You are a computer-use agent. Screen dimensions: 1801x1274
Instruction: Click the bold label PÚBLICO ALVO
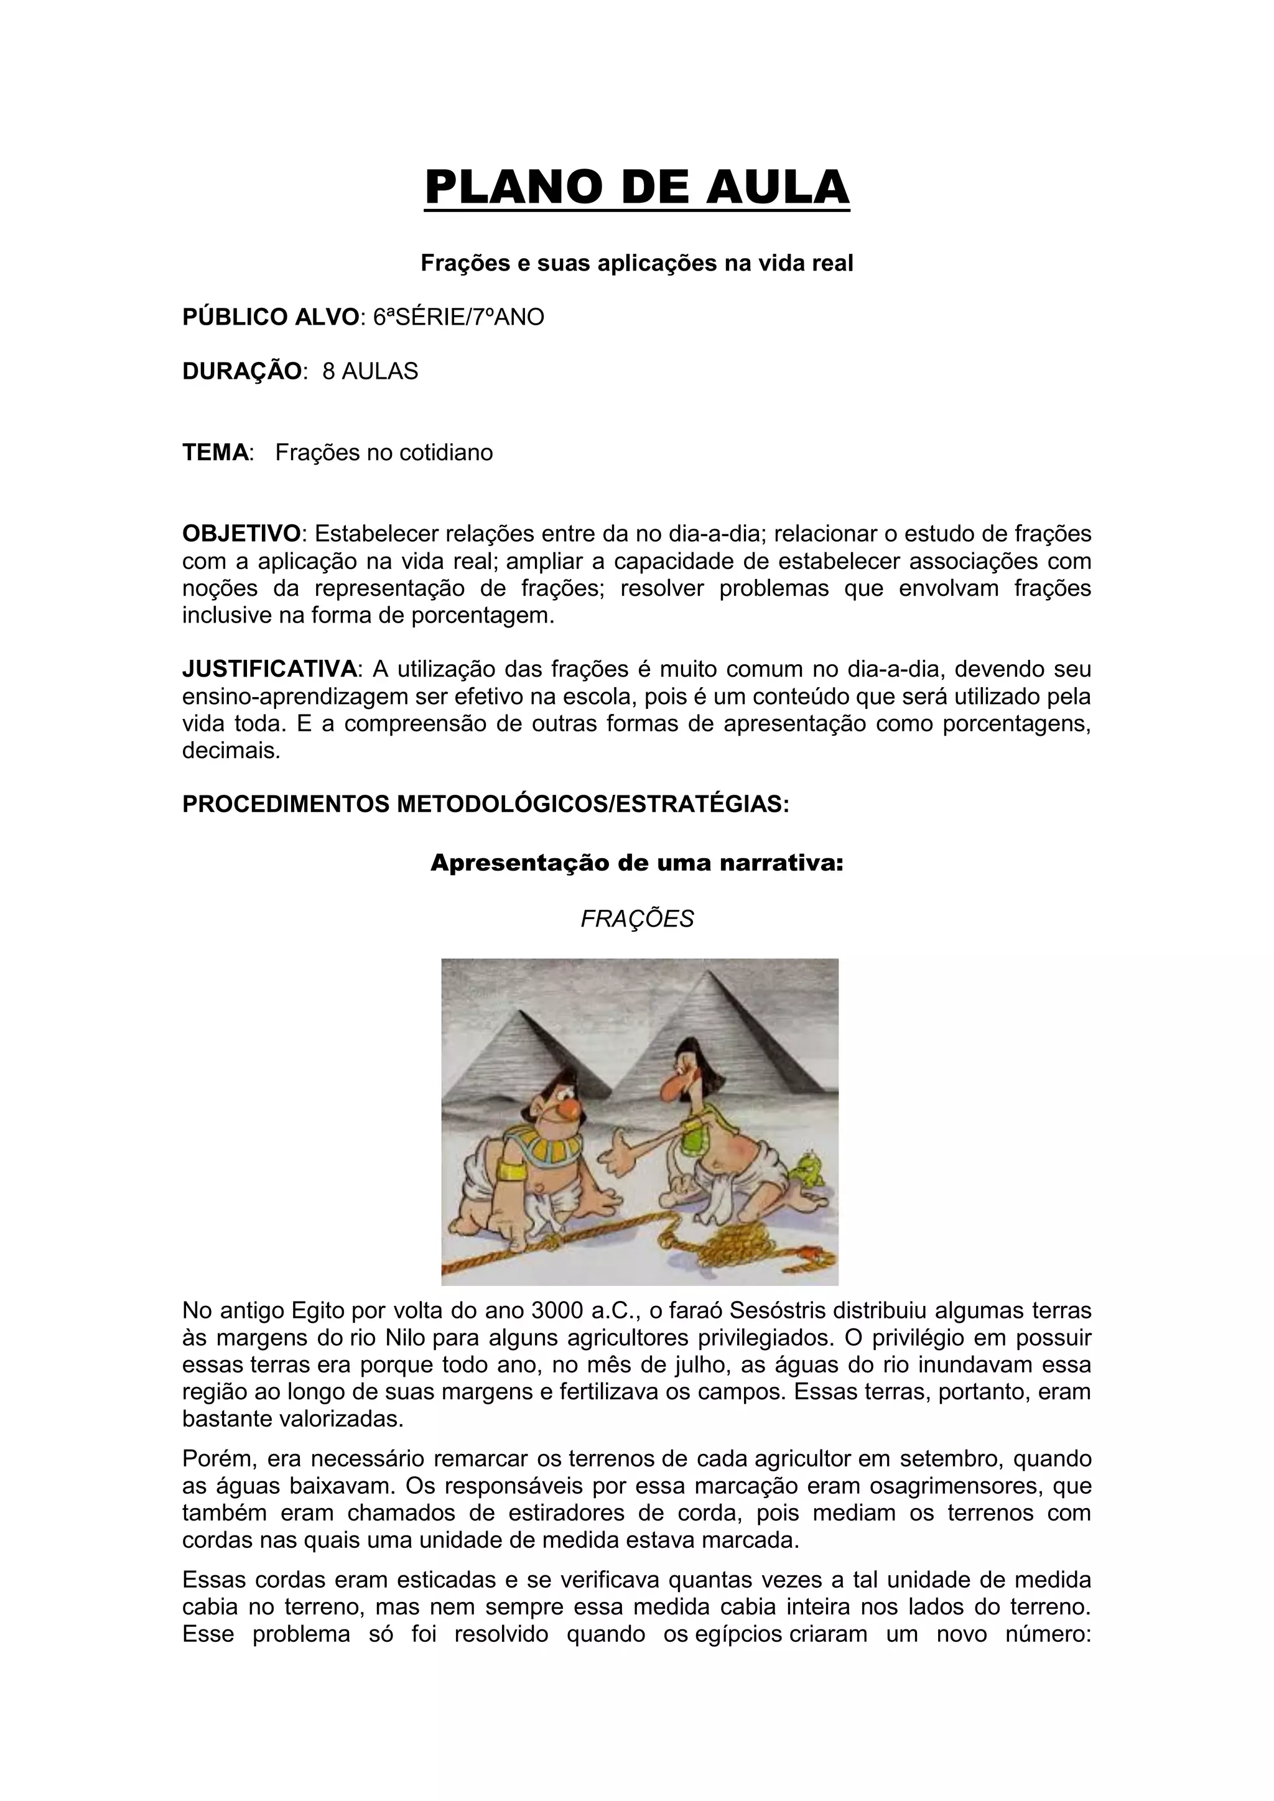pos(270,317)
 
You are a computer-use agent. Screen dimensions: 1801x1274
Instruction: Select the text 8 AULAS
pos(370,371)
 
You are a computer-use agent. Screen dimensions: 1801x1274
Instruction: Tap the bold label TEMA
pos(216,453)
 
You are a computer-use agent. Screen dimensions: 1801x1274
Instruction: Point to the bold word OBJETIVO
pos(241,534)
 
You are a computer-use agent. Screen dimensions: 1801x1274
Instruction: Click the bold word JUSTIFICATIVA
pos(269,669)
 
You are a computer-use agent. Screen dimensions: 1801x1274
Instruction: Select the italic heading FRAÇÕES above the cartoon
pos(637,919)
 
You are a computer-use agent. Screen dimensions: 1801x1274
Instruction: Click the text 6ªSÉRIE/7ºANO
pos(458,317)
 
